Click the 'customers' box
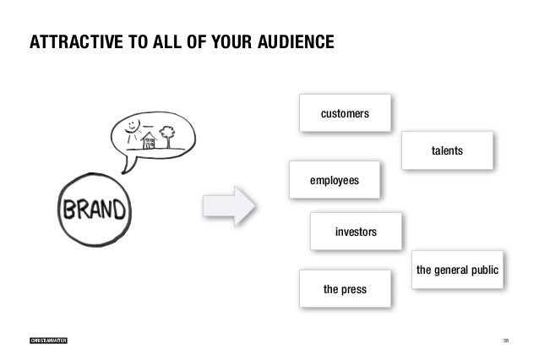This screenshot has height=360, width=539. pos(345,112)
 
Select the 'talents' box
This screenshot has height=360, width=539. pos(447,150)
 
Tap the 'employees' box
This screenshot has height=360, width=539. pos(335,180)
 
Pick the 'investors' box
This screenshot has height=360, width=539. pos(356,231)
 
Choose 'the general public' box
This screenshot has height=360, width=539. pos(457,270)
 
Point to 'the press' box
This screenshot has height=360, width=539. pos(345,289)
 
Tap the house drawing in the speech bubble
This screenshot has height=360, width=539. pos(149,139)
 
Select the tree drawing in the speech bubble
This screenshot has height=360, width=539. pos(166,134)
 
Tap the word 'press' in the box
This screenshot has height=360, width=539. pos(354,289)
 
